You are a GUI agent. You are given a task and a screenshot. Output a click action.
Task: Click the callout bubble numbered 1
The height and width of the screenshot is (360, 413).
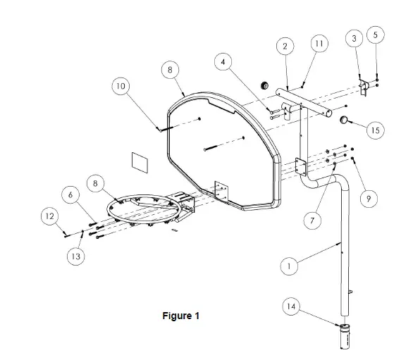(289, 266)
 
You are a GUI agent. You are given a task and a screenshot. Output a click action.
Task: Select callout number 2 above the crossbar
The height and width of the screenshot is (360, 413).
(285, 46)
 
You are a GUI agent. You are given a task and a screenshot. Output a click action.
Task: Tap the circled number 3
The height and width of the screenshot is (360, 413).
(355, 39)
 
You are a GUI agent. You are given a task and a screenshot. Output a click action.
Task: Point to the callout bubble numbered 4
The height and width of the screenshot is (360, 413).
(223, 62)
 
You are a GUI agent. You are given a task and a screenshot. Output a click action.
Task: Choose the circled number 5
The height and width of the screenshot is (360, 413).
(376, 35)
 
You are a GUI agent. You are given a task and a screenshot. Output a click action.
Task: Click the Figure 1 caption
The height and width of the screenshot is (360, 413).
(181, 316)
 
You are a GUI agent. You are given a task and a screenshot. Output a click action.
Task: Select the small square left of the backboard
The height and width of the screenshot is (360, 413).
(140, 163)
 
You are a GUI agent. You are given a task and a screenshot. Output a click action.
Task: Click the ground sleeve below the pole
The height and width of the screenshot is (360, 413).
(345, 337)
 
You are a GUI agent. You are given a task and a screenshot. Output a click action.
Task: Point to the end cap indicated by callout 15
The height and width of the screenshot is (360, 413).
(344, 120)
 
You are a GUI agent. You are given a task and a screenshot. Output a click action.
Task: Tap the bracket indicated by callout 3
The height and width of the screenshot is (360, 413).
(364, 87)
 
